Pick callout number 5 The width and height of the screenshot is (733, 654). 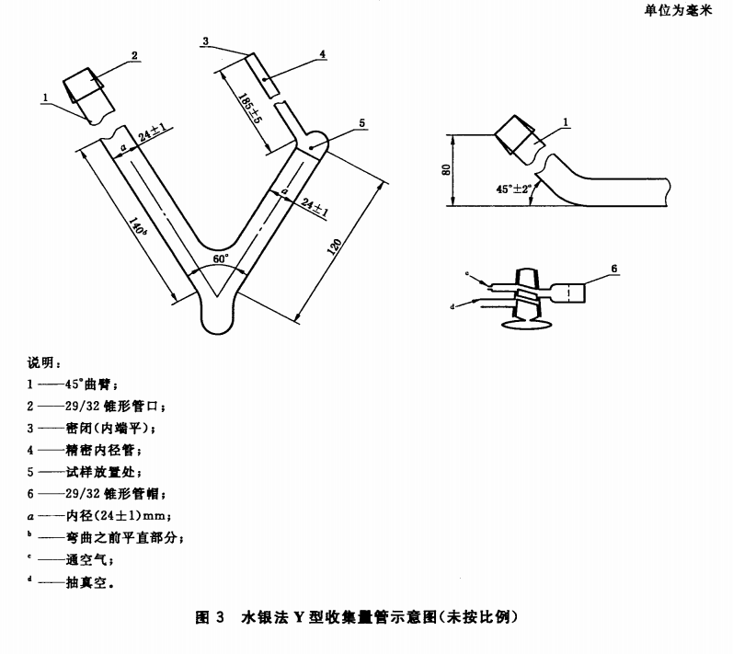coord(361,122)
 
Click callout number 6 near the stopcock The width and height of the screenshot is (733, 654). coord(613,268)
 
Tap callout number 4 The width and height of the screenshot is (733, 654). coord(323,54)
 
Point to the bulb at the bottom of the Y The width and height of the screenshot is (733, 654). coord(219,317)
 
